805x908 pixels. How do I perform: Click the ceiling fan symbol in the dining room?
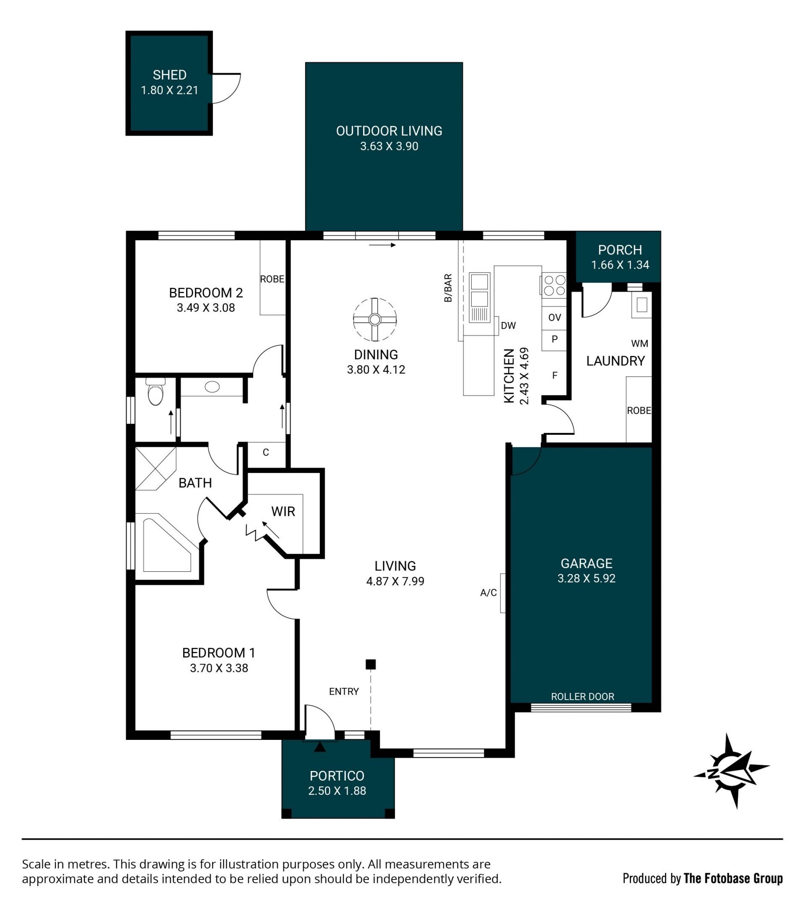375,319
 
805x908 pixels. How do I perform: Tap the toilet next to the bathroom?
156,392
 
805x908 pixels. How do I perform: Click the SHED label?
170,75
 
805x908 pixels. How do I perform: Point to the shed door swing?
226,88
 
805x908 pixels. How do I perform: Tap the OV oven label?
555,317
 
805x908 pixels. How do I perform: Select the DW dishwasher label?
509,326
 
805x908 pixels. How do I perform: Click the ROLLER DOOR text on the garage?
583,697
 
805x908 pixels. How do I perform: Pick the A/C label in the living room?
489,593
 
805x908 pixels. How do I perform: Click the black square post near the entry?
371,664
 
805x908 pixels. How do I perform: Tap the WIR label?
283,512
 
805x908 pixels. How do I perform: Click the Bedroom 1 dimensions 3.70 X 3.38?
219,668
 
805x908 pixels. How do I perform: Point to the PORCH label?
620,250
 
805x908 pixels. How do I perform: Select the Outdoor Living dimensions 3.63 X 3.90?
389,146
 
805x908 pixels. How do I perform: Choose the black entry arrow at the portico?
320,747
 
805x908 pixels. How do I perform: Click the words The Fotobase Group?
733,878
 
